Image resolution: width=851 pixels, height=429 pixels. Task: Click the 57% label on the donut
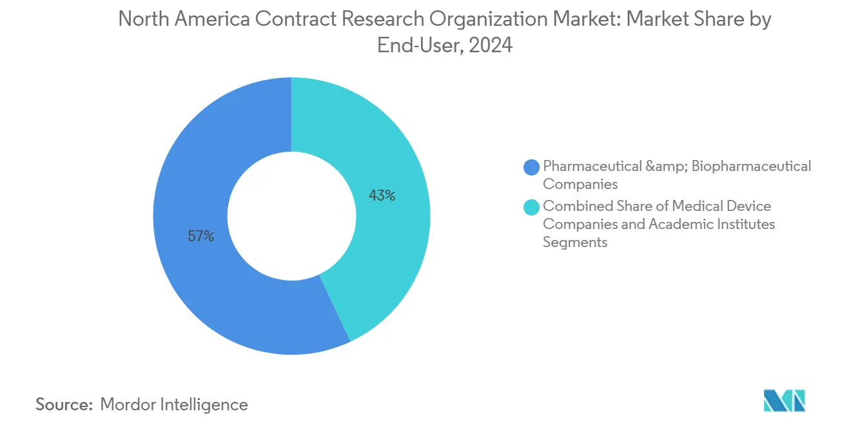tap(201, 237)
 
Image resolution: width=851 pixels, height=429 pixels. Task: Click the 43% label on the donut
tap(382, 195)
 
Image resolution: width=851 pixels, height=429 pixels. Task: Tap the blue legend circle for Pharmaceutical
tap(532, 167)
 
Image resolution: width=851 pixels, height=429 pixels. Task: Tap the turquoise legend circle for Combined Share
tap(532, 207)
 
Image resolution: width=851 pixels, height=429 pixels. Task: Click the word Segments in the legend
tap(575, 242)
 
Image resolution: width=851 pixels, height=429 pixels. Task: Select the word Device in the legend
tap(750, 206)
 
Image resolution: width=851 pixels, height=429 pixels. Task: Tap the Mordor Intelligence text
tap(174, 404)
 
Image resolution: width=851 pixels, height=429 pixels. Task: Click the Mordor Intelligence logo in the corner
tap(784, 401)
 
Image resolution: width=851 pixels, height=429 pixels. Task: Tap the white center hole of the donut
tap(291, 216)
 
